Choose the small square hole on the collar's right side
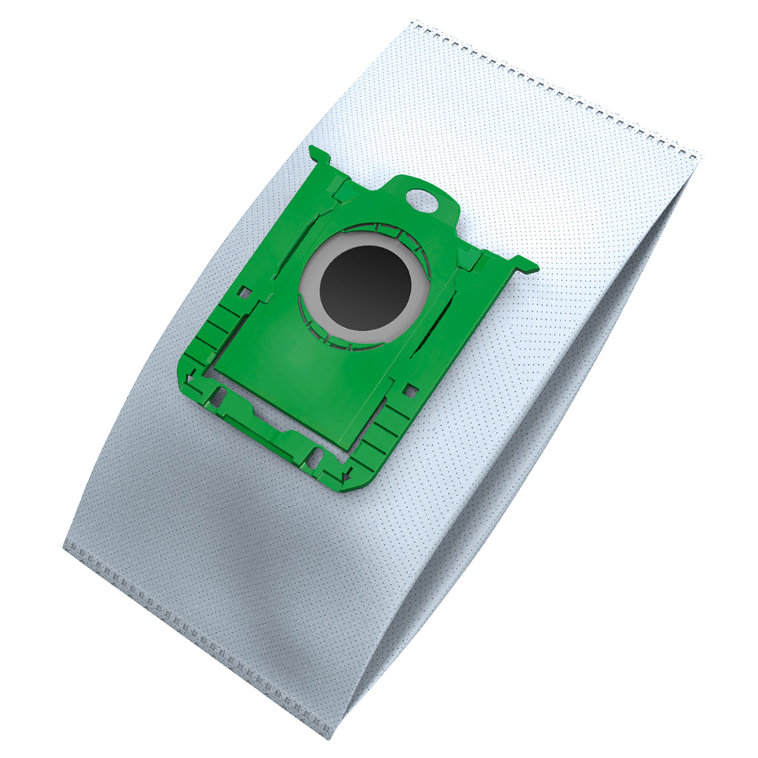click(x=411, y=387)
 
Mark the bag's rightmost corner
click(x=700, y=155)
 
